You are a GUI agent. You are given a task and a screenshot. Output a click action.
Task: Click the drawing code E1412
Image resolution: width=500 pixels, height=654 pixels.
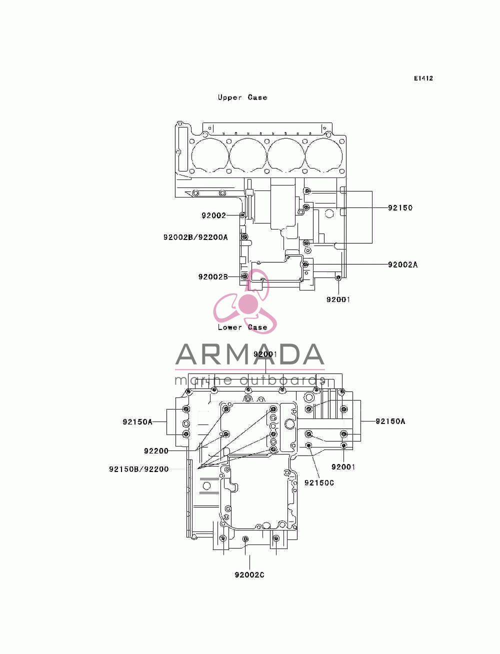[423, 78]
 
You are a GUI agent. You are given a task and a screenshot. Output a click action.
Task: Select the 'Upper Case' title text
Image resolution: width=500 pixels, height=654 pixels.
[242, 97]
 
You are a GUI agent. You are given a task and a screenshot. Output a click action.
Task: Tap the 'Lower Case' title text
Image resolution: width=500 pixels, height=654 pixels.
[242, 327]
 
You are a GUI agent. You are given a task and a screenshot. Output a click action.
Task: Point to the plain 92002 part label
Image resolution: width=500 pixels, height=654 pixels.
[213, 215]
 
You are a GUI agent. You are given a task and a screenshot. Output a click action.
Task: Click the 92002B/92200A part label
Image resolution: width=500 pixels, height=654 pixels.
[195, 237]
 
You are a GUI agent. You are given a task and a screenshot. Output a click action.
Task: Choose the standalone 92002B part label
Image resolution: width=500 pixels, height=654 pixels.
[213, 277]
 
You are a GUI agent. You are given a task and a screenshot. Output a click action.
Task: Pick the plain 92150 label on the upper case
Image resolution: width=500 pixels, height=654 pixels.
[400, 207]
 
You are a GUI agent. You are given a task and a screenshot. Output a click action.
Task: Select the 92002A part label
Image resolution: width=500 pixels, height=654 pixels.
[402, 264]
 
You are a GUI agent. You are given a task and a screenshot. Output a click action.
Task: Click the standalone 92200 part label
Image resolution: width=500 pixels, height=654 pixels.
[156, 451]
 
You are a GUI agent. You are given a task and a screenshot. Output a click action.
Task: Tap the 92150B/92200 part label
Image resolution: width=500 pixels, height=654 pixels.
[139, 469]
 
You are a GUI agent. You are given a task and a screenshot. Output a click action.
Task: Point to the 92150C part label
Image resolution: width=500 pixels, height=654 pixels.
[319, 482]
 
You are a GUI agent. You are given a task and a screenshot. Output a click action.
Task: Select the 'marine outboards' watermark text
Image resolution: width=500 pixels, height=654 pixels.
[249, 380]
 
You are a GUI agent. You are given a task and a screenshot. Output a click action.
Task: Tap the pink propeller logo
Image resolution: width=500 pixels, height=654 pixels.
[245, 301]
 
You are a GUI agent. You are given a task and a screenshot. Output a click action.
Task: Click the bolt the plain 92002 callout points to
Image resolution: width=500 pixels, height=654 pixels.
[242, 215]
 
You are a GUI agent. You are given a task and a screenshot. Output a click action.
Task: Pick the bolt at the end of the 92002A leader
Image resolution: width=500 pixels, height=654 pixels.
[305, 264]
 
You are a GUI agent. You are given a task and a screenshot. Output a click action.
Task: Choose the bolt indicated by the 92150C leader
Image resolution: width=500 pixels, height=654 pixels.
[308, 445]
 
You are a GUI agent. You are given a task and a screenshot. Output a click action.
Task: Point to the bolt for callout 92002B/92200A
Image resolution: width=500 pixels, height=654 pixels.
[244, 237]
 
